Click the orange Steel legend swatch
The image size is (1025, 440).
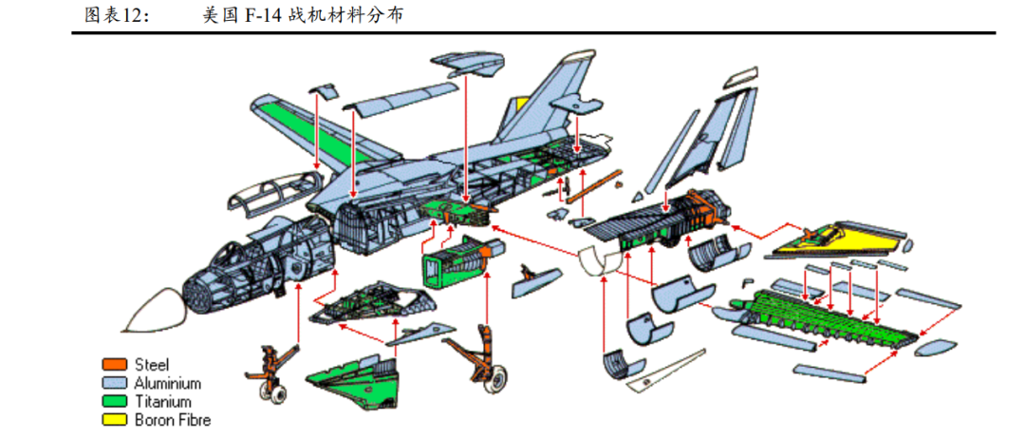(x=115, y=365)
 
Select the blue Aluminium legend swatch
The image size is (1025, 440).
(x=115, y=383)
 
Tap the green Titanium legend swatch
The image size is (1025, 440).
(x=115, y=401)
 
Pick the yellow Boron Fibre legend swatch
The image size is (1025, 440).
(x=115, y=419)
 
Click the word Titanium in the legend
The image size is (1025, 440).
(x=162, y=401)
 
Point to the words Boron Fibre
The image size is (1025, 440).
(x=173, y=419)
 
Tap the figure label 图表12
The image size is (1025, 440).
(x=116, y=16)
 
